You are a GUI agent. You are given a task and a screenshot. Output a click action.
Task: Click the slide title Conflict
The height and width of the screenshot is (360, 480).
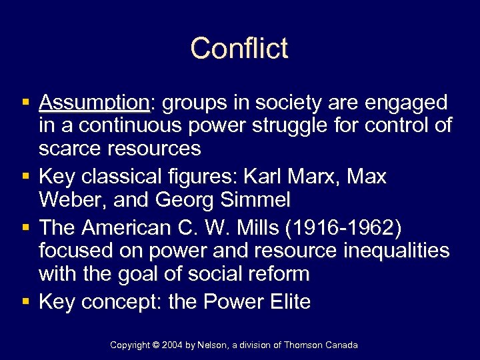click(x=239, y=49)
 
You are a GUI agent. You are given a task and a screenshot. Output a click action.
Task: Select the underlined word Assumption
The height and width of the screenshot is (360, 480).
click(x=94, y=103)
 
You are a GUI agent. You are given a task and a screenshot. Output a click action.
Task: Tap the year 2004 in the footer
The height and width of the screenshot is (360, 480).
click(x=171, y=345)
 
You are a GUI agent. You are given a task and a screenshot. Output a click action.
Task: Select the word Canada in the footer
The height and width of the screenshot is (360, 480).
click(x=341, y=345)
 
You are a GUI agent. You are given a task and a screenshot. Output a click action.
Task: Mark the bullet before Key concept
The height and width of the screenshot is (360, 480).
click(x=25, y=302)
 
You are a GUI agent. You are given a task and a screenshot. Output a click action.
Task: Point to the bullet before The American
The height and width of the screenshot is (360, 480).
click(x=25, y=228)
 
